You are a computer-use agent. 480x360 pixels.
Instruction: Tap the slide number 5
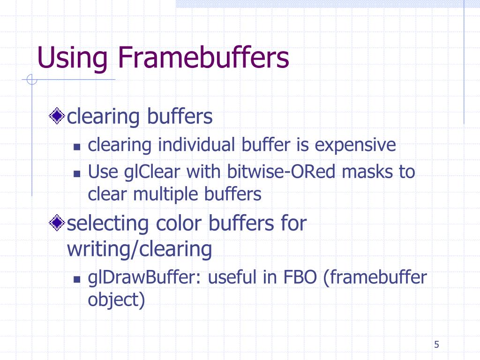436,345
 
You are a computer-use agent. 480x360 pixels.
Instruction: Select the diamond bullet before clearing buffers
57,116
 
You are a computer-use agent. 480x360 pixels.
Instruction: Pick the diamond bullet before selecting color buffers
57,223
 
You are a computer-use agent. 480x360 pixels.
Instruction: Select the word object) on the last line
116,300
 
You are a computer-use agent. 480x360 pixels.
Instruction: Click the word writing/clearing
139,249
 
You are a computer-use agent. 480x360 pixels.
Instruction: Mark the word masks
367,172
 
